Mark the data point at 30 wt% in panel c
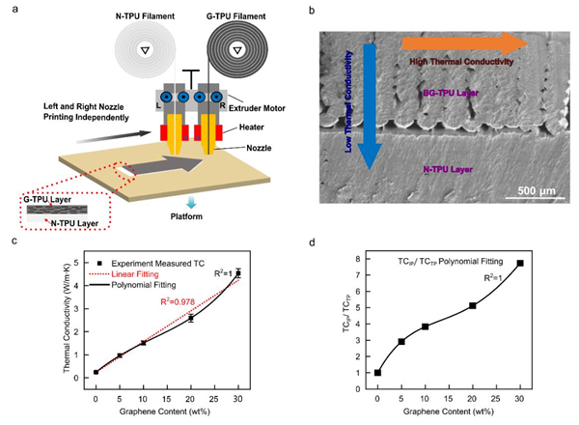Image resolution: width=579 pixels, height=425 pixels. [238, 273]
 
